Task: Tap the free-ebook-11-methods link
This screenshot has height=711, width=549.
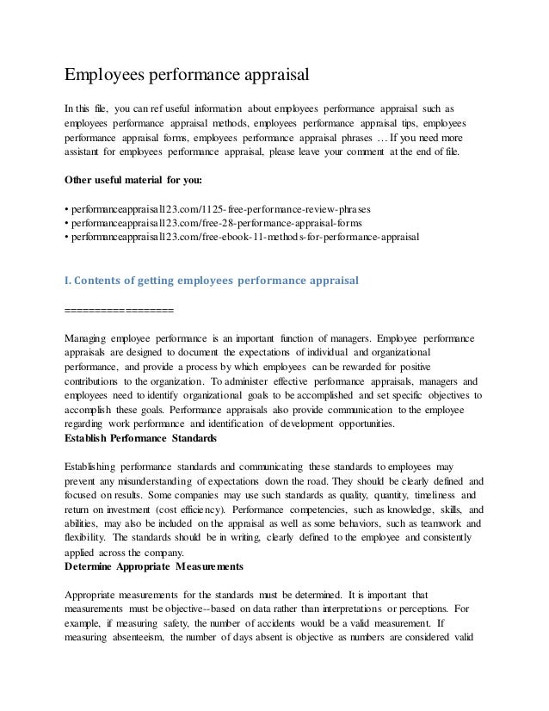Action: [245, 237]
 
